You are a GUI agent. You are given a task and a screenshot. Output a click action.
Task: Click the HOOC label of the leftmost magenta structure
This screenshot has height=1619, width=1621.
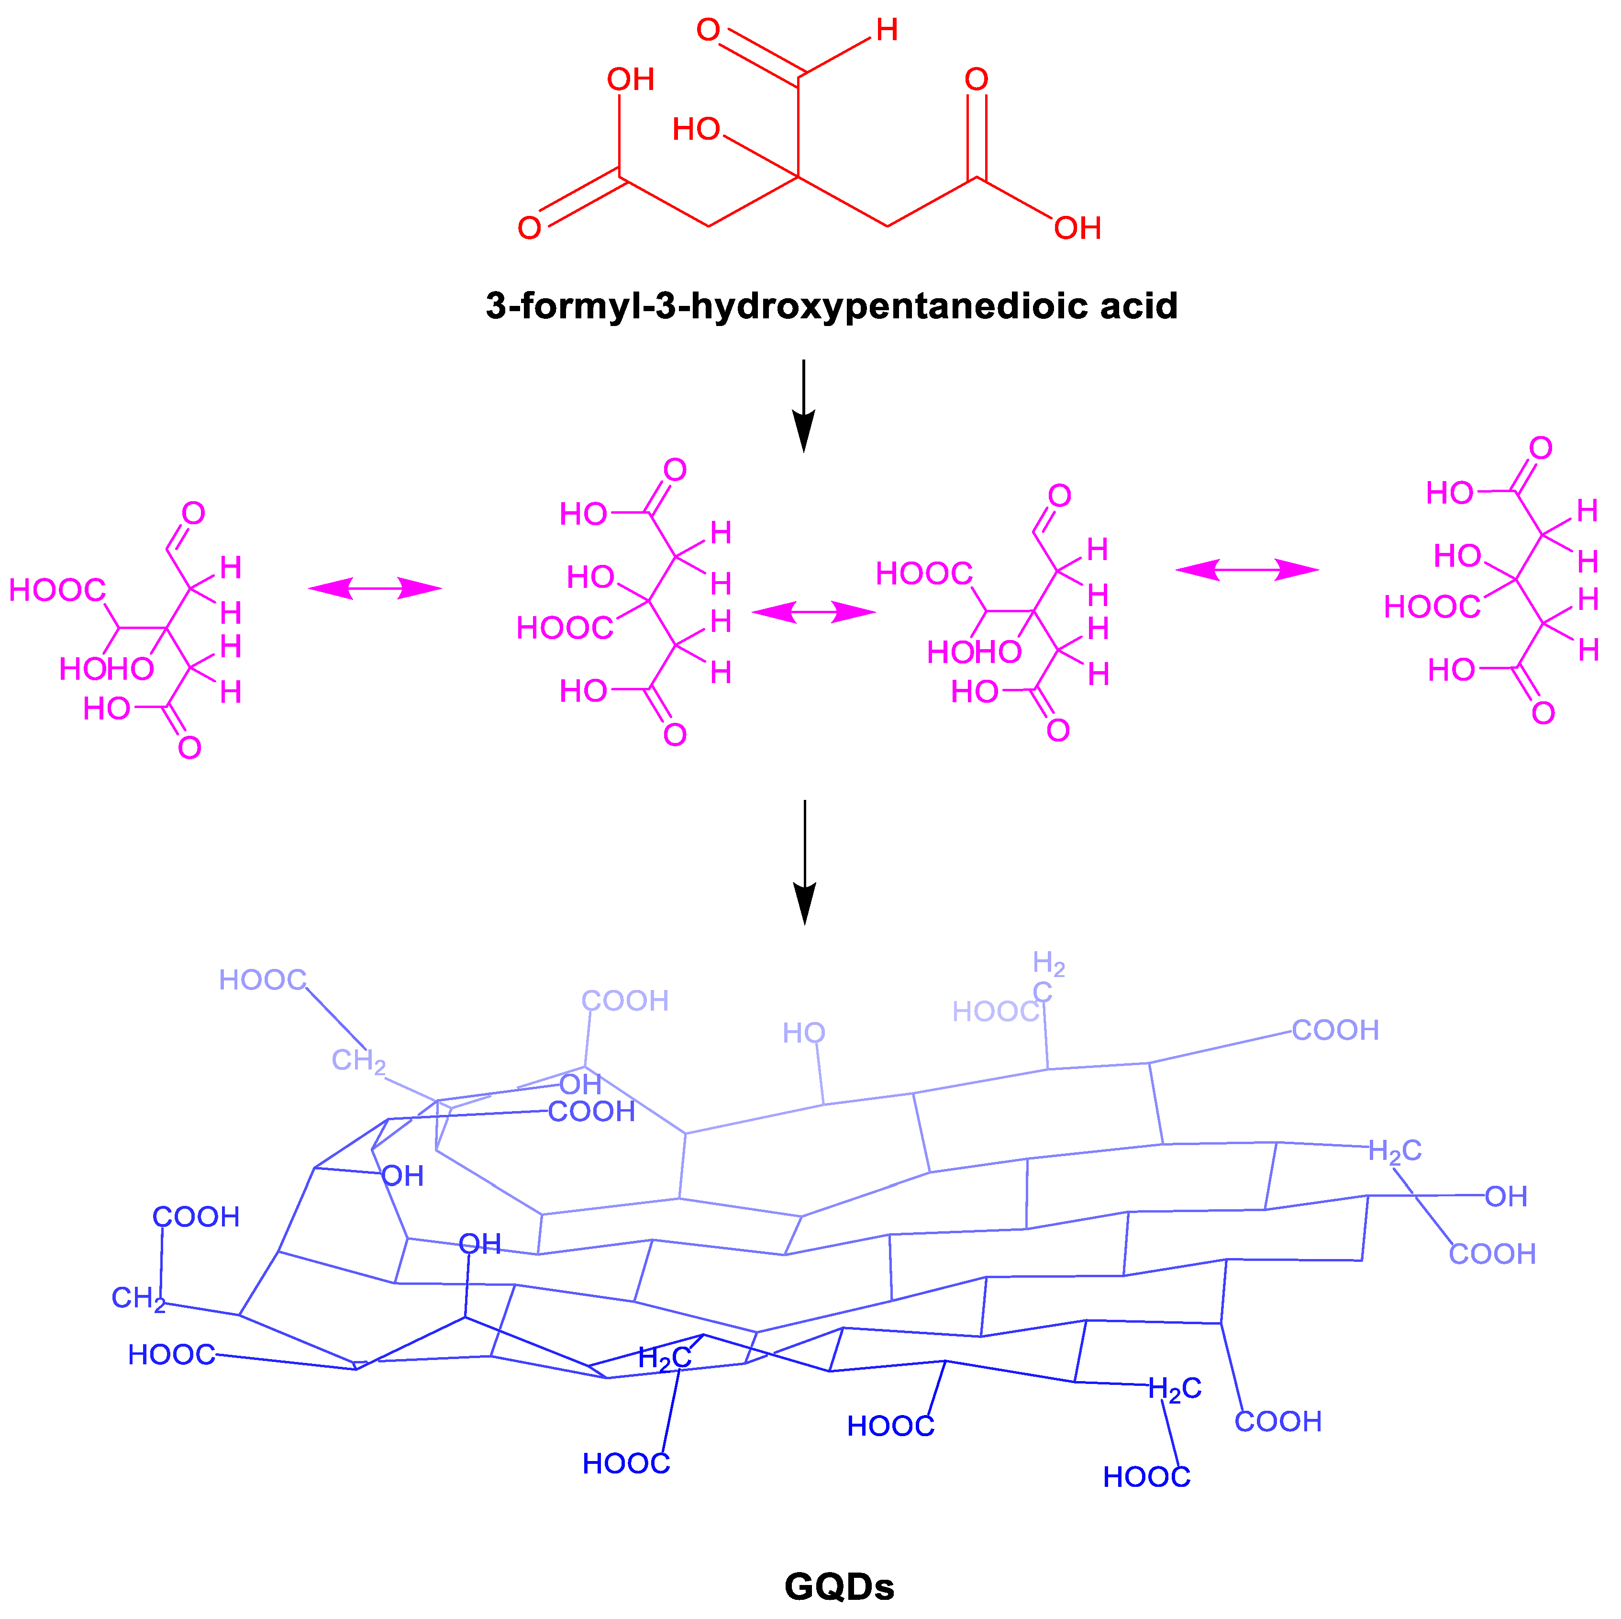[x=57, y=591]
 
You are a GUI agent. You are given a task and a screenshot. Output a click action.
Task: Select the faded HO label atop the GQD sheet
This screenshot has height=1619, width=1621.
[x=804, y=1033]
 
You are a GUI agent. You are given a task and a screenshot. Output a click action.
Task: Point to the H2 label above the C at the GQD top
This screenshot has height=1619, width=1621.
[x=1049, y=964]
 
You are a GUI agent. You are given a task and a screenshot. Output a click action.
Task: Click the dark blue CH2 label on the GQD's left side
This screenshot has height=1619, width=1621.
[x=138, y=1298]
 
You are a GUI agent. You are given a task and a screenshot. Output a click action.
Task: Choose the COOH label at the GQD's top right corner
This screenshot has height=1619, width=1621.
[x=1335, y=1030]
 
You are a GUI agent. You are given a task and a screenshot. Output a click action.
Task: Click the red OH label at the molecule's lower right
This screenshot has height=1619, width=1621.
[x=1077, y=228]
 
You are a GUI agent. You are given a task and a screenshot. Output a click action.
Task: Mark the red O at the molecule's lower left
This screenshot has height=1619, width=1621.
[x=530, y=228]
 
